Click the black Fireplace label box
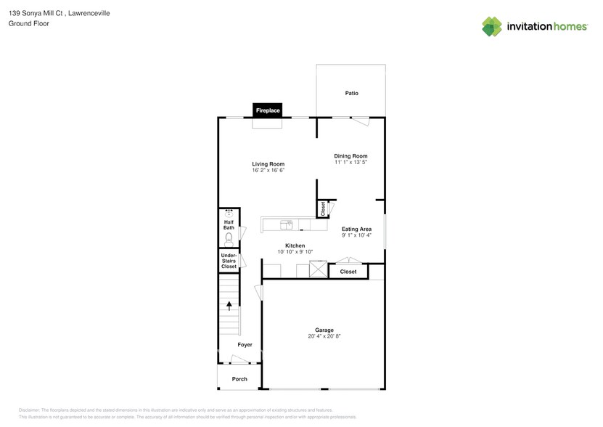click(267, 110)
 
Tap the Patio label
click(352, 93)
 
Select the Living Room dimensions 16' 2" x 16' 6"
click(268, 171)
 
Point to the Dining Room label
click(350, 155)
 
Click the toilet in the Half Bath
click(228, 237)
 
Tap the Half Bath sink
click(229, 214)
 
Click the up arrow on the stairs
click(229, 306)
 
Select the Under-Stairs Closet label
click(229, 261)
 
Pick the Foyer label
click(245, 344)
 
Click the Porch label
click(239, 379)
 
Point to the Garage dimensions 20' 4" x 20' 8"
click(324, 336)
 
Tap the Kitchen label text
click(295, 245)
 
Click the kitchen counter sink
click(287, 223)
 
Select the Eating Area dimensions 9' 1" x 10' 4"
click(356, 235)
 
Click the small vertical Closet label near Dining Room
click(322, 208)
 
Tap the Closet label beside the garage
click(348, 272)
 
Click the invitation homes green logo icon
click(492, 26)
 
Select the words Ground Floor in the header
click(25, 23)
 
